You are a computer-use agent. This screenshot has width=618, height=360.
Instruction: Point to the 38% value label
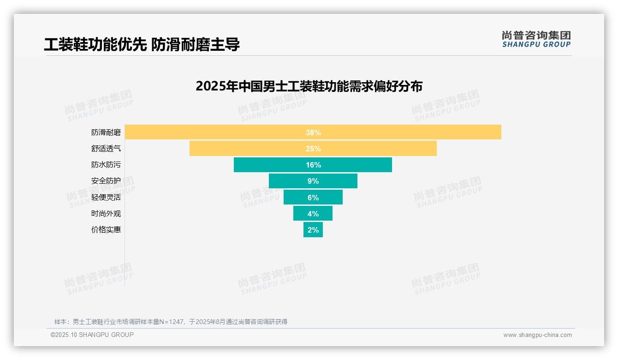click(x=313, y=132)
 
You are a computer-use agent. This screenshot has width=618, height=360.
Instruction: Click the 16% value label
click(x=313, y=165)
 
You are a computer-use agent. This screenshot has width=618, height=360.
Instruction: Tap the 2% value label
click(x=313, y=230)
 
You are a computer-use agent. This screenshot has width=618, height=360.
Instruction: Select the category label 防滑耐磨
click(x=106, y=132)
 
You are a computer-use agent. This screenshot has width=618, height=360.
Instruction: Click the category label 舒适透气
click(x=106, y=149)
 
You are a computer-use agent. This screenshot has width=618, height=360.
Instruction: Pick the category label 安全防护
click(x=106, y=181)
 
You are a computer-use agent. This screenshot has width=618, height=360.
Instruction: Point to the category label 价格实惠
click(x=106, y=229)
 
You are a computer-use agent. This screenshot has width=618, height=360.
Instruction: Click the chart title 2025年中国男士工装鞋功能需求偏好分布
click(x=309, y=86)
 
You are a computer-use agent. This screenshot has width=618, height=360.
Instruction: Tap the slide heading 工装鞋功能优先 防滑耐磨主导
click(x=142, y=45)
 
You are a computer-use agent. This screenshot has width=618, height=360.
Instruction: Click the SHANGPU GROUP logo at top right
click(x=536, y=39)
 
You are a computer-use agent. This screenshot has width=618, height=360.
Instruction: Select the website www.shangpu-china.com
click(x=537, y=335)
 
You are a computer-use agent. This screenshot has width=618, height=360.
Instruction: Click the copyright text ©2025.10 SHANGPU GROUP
click(x=92, y=335)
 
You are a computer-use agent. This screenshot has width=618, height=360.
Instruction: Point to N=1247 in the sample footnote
click(x=172, y=322)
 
